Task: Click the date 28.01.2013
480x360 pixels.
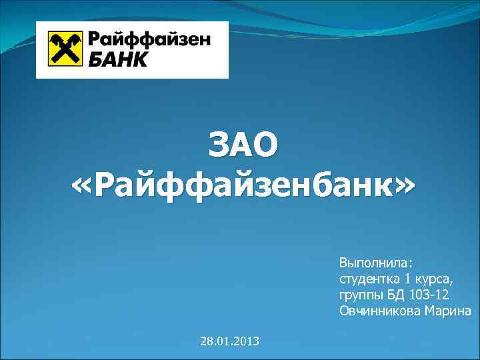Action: point(230,341)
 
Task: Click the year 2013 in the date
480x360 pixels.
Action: point(247,341)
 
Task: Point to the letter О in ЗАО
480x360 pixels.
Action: point(265,147)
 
